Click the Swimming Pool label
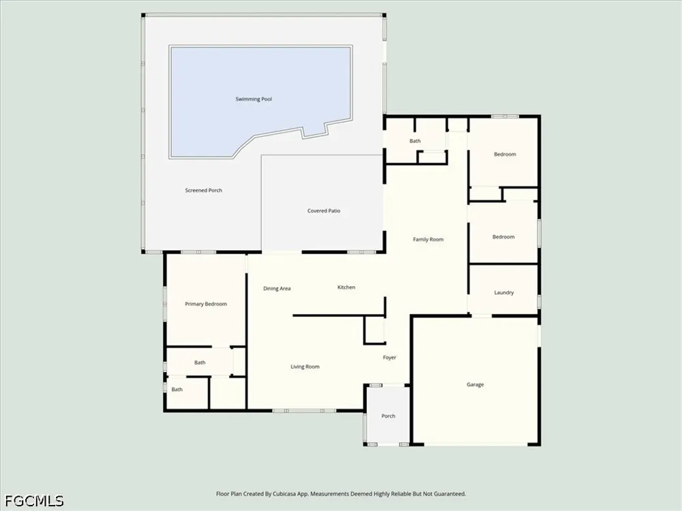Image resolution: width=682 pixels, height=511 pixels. coord(254,99)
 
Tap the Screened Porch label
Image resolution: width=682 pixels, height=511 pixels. coord(203,190)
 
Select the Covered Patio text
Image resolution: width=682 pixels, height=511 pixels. coord(323,211)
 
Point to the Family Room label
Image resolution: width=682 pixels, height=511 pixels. coord(428,239)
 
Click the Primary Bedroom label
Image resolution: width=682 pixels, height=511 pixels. coord(206,304)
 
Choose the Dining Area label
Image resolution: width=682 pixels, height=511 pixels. coord(277,288)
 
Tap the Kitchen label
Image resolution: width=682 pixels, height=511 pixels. coord(346,288)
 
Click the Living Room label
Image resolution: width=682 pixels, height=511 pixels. coord(305,367)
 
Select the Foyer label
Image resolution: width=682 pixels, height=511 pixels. coord(389,358)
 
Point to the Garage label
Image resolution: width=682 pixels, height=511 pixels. coord(475,384)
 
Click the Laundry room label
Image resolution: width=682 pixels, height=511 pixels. coord(504,293)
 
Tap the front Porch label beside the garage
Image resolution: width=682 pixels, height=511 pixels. coord(388,416)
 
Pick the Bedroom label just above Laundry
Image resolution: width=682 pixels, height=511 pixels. coord(503,237)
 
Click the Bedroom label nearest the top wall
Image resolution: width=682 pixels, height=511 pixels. coord(505,154)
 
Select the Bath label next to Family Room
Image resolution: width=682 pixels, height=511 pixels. coord(415,141)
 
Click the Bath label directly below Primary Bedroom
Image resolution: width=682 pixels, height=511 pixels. coord(200,362)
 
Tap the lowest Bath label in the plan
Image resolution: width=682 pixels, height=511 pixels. coord(177,389)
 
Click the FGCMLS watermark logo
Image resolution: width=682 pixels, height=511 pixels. coord(34,501)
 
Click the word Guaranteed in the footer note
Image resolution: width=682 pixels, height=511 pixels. coord(451,494)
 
